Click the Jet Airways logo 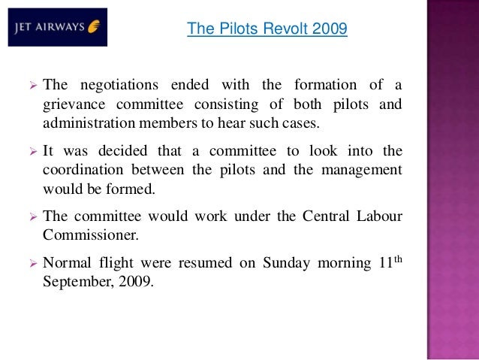58,27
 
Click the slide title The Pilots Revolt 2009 267,29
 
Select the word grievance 74,104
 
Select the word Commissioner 89,236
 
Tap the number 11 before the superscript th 380,264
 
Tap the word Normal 67,264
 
